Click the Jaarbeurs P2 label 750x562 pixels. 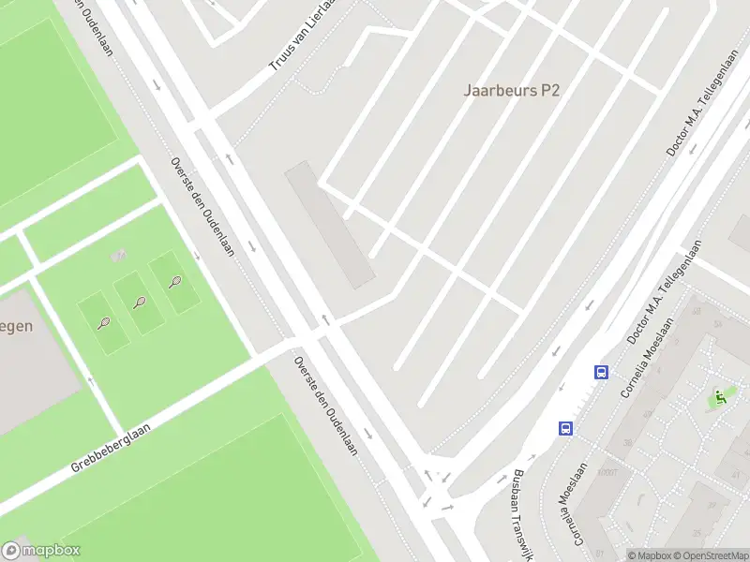click(512, 90)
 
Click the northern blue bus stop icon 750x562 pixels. click(601, 372)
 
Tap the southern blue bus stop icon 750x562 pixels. click(566, 428)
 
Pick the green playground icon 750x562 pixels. click(719, 397)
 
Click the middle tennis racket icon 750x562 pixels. click(140, 302)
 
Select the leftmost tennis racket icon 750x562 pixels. click(103, 323)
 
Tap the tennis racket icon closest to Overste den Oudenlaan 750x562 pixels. click(175, 281)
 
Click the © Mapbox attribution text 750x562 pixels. click(648, 555)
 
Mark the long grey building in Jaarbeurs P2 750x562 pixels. click(330, 225)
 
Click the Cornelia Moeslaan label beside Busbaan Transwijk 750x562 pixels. click(577, 506)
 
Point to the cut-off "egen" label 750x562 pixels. click(17, 327)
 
